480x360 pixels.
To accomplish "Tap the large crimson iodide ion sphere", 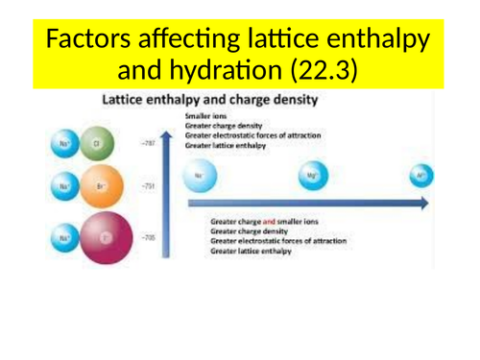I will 107,239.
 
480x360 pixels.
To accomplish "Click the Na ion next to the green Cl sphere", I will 65,145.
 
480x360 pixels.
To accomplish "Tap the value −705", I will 148,236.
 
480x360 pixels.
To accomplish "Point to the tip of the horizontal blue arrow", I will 426,204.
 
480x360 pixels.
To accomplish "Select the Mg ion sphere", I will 312,176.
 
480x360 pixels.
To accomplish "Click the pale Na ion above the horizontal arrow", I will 198,177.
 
